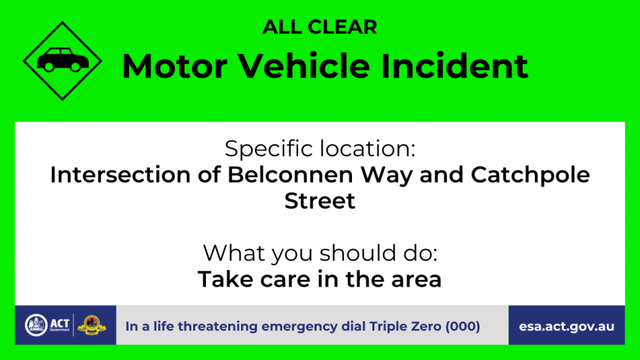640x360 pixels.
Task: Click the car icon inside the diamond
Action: pyautogui.click(x=63, y=60)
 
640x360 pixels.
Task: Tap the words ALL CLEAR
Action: pyautogui.click(x=320, y=27)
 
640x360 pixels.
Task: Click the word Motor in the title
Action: pyautogui.click(x=175, y=66)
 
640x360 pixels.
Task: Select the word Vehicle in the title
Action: pyautogui.click(x=304, y=66)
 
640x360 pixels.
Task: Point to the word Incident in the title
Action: pyautogui.click(x=454, y=66)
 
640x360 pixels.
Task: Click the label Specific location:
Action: pyautogui.click(x=320, y=148)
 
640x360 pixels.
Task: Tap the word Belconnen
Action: pyautogui.click(x=290, y=175)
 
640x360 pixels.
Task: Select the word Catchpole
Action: pyautogui.click(x=530, y=176)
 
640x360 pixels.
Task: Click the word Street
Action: pyautogui.click(x=320, y=201)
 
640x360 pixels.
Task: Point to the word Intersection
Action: pyautogui.click(x=120, y=175)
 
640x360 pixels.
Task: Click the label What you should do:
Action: pyautogui.click(x=320, y=253)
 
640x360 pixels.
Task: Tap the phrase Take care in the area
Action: pyautogui.click(x=320, y=279)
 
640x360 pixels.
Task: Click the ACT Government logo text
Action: pyautogui.click(x=60, y=325)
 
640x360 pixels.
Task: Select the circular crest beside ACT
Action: pyautogui.click(x=36, y=325)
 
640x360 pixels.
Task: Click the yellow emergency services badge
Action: pyautogui.click(x=92, y=325)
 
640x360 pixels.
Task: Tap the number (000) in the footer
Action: pyautogui.click(x=462, y=327)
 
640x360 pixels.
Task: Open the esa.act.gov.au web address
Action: pyautogui.click(x=567, y=327)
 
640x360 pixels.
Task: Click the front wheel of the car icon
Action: pyautogui.click(x=76, y=66)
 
